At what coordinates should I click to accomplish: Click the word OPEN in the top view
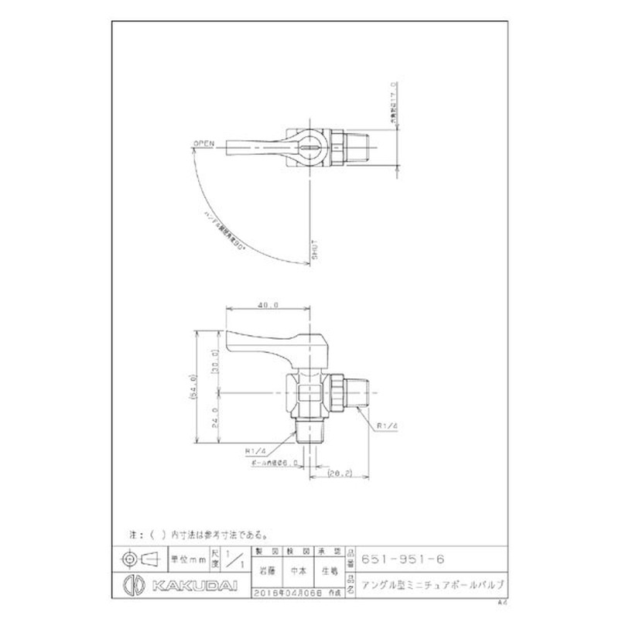coord(203,143)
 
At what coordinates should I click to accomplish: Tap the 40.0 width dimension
coord(268,306)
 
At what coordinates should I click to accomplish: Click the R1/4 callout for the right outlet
coord(388,426)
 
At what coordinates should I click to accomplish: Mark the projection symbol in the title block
coord(140,559)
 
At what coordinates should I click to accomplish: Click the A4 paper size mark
coord(503,601)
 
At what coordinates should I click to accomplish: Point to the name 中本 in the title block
coord(297,574)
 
